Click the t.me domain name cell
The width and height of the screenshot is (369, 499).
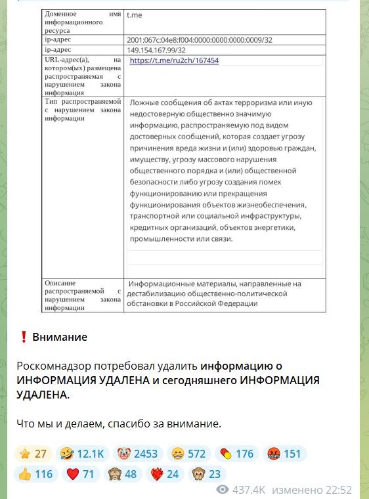click(x=133, y=13)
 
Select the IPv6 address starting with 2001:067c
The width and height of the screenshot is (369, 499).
click(x=199, y=40)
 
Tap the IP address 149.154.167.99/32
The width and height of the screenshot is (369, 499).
click(x=156, y=50)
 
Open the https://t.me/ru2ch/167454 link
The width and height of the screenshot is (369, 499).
click(x=174, y=60)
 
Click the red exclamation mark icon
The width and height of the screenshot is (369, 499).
click(x=24, y=337)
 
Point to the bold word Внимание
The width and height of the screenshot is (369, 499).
click(x=60, y=337)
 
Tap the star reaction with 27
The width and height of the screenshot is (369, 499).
click(x=33, y=454)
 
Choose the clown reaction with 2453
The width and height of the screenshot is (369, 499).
click(x=139, y=454)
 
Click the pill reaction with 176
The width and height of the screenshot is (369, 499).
click(x=235, y=454)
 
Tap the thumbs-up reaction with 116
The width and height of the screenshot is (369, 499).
click(x=35, y=473)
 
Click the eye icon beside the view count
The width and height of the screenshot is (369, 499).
click(x=223, y=490)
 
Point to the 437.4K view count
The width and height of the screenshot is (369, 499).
click(x=249, y=490)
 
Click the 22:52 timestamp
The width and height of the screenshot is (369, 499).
click(x=339, y=490)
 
